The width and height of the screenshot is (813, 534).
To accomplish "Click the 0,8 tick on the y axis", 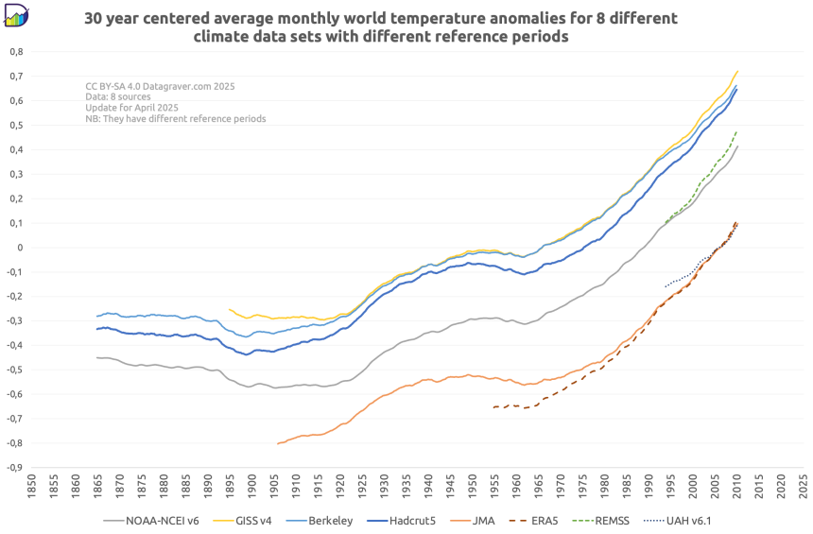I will click(x=16, y=51).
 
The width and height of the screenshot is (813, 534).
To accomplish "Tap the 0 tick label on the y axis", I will click(x=20, y=248).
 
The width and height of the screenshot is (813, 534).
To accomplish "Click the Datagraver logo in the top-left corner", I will click(x=17, y=15).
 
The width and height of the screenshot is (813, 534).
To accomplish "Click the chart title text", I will click(x=381, y=27).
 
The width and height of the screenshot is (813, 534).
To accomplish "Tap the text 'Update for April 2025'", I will click(x=129, y=108).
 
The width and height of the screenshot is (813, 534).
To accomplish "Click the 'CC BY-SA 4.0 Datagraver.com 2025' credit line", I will click(x=160, y=86).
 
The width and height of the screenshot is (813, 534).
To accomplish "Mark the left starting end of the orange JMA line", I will click(x=278, y=443).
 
